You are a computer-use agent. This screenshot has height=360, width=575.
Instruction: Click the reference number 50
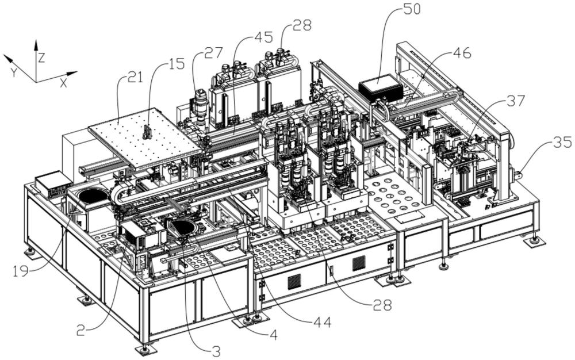412,10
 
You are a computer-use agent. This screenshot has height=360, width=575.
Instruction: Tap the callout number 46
462,53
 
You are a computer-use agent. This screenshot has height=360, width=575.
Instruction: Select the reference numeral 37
515,101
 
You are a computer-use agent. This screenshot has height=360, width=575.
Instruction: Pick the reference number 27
213,55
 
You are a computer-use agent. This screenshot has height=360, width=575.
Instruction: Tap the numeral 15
177,64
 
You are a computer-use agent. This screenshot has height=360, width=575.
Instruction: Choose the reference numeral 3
216,351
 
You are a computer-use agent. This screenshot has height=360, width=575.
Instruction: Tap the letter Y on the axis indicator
13,72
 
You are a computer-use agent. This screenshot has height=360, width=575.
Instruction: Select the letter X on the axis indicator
63,83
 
